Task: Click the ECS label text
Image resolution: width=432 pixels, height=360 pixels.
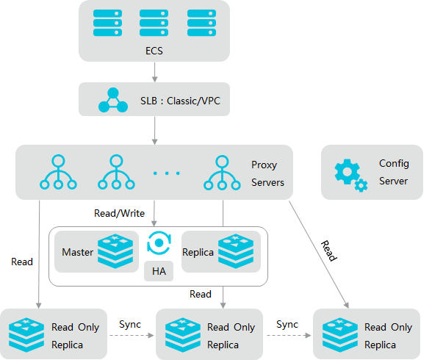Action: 154,51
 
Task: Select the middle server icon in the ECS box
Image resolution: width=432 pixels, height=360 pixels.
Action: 154,23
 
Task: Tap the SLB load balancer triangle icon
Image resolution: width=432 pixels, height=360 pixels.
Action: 113,100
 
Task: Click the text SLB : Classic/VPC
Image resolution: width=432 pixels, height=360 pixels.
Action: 180,101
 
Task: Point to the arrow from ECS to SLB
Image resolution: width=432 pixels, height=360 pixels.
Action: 154,72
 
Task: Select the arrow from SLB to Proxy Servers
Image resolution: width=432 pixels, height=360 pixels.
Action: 154,131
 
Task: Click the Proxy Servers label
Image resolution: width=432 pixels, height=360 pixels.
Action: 267,173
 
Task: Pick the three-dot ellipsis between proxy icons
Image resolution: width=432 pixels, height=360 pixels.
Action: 166,173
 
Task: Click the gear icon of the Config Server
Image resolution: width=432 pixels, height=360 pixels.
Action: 351,175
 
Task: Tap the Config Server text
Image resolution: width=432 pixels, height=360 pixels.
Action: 394,172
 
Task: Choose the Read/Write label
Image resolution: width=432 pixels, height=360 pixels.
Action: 119,214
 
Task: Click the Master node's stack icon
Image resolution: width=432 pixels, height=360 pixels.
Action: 115,251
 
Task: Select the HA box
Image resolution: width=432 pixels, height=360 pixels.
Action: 159,271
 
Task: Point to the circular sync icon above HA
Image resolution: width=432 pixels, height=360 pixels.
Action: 159,242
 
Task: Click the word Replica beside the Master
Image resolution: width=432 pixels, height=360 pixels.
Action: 198,252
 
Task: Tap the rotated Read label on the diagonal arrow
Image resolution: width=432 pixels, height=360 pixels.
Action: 329,251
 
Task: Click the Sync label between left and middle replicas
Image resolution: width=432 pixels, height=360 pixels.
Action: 130,325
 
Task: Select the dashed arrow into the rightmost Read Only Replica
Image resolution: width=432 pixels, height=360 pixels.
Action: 289,336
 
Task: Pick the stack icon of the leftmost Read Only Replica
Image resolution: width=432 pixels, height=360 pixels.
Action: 26,335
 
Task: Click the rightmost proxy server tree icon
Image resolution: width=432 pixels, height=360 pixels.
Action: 222,173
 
